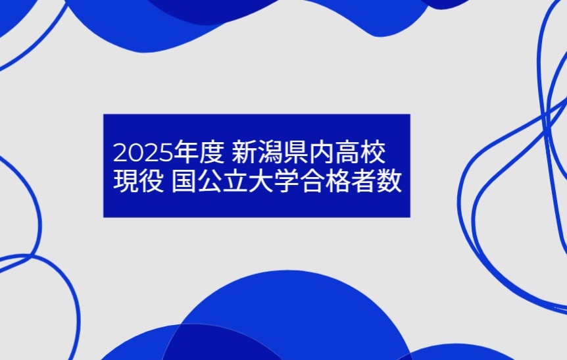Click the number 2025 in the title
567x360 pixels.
(x=143, y=153)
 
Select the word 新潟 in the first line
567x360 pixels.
(x=257, y=152)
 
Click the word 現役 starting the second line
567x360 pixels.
(x=139, y=180)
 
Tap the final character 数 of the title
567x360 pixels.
(x=389, y=180)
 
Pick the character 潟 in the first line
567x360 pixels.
(x=270, y=152)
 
